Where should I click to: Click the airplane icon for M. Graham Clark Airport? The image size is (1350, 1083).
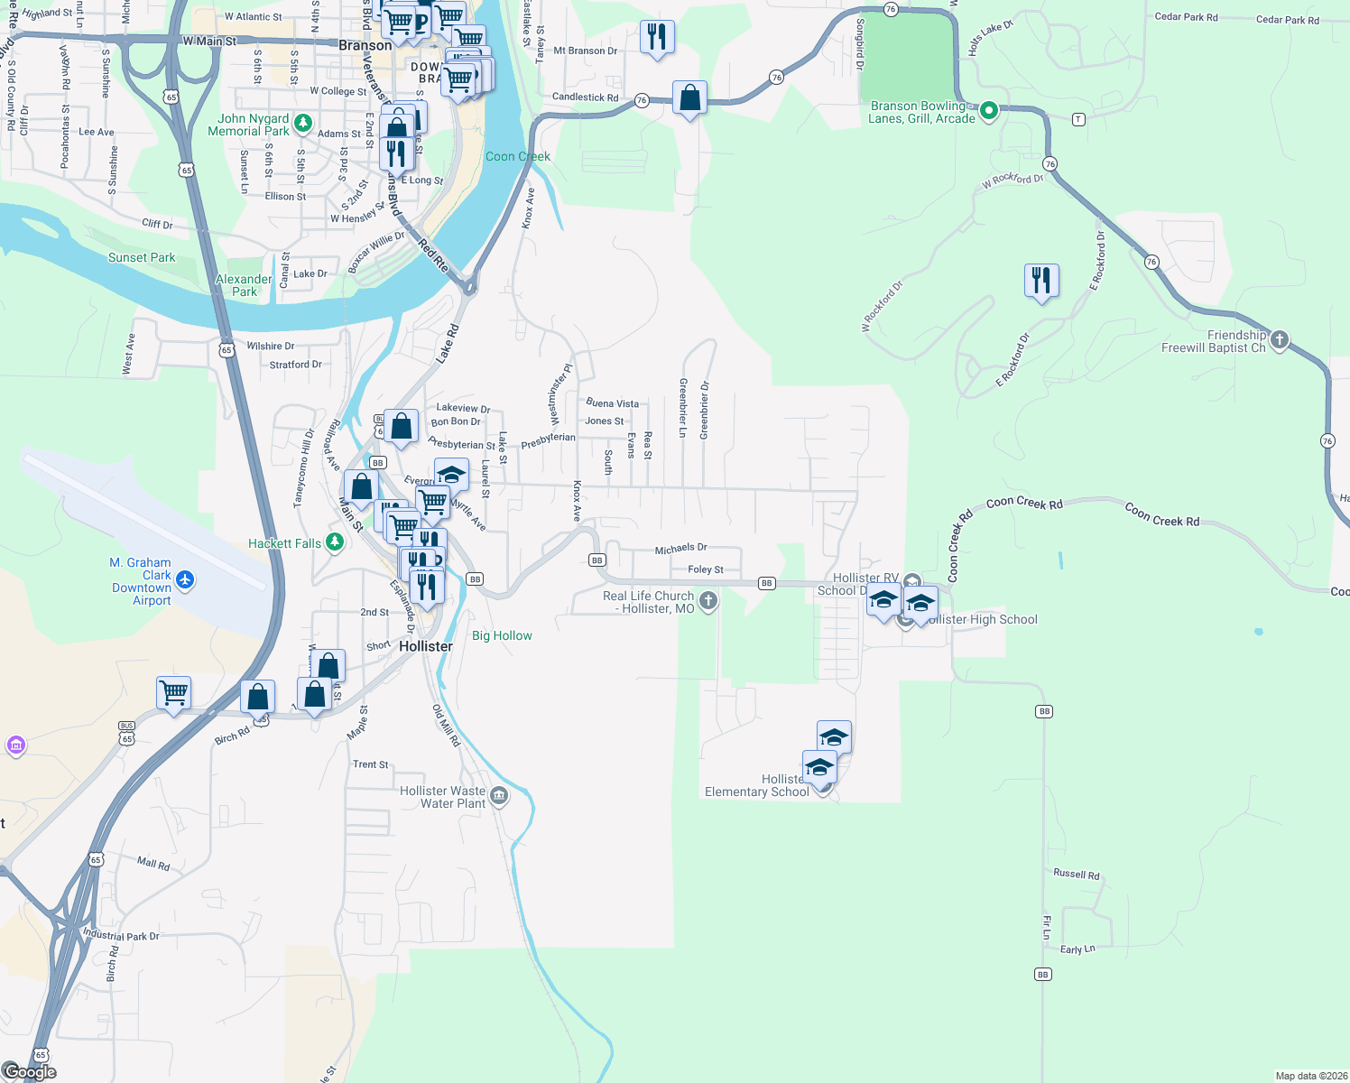(185, 579)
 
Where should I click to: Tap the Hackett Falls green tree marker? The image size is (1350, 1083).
(335, 541)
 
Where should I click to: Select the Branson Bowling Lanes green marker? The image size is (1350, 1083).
(988, 111)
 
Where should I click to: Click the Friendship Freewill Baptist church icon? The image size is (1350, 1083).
(1280, 340)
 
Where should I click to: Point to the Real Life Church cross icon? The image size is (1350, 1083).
(708, 600)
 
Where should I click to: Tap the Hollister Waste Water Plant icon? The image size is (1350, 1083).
(500, 796)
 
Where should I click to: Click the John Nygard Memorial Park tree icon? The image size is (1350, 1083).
(303, 123)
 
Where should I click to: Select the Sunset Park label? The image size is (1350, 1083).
(142, 257)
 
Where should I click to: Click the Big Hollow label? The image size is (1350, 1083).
(502, 635)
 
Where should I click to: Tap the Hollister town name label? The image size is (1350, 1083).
(426, 646)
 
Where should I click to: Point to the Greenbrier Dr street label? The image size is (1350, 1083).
(705, 411)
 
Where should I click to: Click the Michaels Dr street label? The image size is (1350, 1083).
(680, 548)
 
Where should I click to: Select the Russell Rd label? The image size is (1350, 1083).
(1077, 874)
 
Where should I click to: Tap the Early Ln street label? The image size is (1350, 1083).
(1077, 949)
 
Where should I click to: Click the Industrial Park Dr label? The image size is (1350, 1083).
(121, 935)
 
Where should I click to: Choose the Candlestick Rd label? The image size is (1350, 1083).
(585, 97)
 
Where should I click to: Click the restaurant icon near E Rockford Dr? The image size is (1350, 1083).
(1041, 281)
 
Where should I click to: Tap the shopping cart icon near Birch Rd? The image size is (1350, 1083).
(173, 693)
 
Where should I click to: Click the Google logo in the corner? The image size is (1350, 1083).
(30, 1071)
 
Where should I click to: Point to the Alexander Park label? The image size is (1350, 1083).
(244, 285)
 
